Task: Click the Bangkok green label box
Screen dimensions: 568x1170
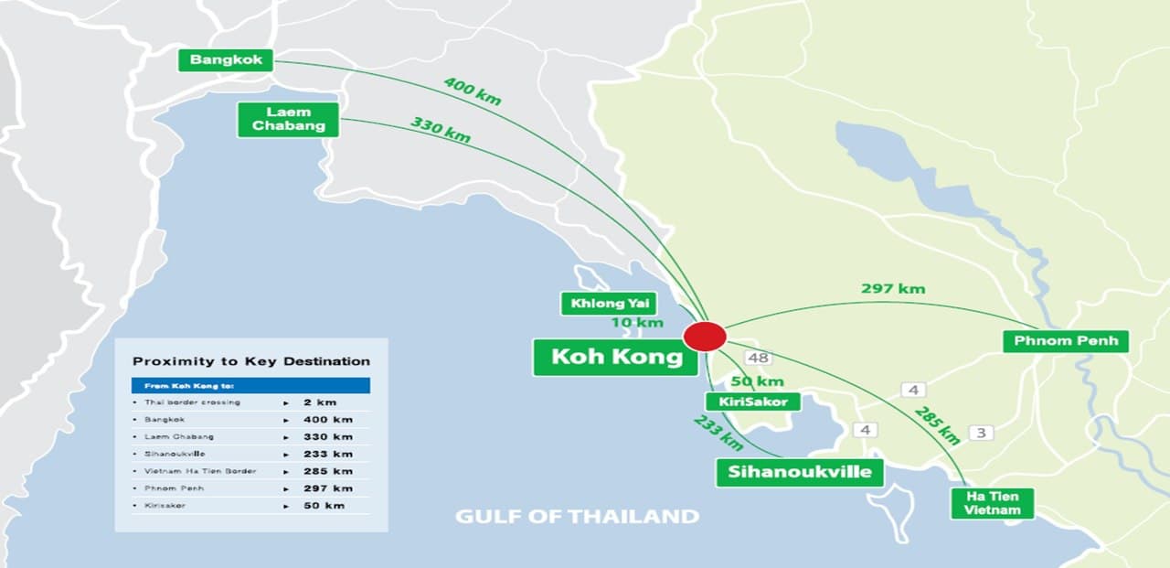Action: pyautogui.click(x=226, y=60)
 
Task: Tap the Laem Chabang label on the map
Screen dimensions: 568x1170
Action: pyautogui.click(x=288, y=120)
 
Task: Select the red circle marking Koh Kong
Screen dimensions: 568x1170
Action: pyautogui.click(x=705, y=336)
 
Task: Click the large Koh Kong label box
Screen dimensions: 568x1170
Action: pyautogui.click(x=617, y=357)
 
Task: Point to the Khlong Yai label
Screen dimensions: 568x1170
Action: pyautogui.click(x=608, y=304)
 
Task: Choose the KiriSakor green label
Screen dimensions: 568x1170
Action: pyautogui.click(x=753, y=402)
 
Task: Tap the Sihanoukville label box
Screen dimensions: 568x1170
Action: pyautogui.click(x=800, y=472)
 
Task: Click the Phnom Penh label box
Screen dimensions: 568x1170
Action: pyautogui.click(x=1066, y=341)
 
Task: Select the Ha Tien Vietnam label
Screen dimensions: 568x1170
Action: pyautogui.click(x=992, y=503)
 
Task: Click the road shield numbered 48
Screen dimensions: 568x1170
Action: pyautogui.click(x=757, y=358)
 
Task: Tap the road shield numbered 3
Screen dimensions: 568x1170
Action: pyautogui.click(x=980, y=432)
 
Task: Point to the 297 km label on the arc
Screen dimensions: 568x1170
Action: pyautogui.click(x=893, y=289)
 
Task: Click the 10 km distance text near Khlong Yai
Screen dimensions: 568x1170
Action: pyautogui.click(x=637, y=323)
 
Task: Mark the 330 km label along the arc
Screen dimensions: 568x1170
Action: pyautogui.click(x=440, y=130)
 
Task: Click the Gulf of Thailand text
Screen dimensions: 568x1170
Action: pyautogui.click(x=577, y=517)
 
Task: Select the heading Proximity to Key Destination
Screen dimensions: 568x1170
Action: pyautogui.click(x=251, y=361)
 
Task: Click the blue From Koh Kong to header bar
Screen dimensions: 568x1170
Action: pyautogui.click(x=251, y=386)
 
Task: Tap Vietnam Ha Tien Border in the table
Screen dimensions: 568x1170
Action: pyautogui.click(x=200, y=471)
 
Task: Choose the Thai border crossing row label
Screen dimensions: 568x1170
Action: pyautogui.click(x=192, y=402)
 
